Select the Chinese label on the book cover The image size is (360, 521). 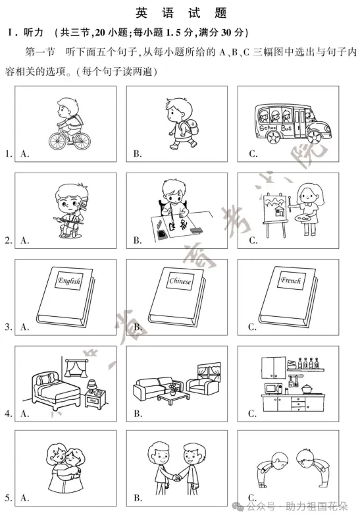click(180, 282)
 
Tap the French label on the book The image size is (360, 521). click(291, 281)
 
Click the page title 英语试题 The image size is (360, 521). click(180, 13)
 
